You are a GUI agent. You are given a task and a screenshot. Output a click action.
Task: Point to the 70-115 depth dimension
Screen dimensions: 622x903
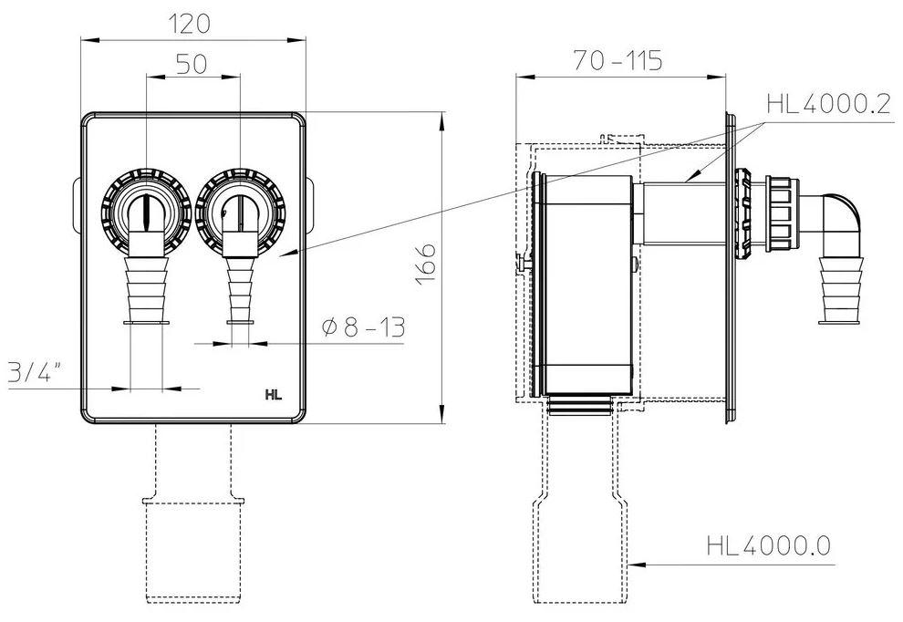tap(618, 61)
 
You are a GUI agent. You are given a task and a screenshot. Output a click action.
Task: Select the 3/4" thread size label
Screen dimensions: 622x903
tap(35, 373)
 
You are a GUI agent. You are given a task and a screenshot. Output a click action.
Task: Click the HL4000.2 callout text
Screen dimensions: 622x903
tap(827, 104)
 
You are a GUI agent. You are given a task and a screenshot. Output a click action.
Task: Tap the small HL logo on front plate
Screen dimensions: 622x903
tap(273, 395)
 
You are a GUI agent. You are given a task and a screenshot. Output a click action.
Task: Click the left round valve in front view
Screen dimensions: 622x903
tap(146, 211)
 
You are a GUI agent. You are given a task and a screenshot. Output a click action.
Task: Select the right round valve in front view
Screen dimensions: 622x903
tap(240, 211)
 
